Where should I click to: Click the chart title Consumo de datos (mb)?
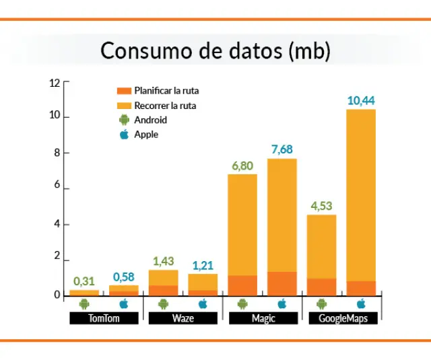click(x=215, y=51)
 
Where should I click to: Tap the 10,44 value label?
click(x=361, y=101)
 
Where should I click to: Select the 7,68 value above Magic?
click(x=282, y=149)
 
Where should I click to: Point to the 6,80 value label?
click(x=242, y=166)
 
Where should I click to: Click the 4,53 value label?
click(x=321, y=206)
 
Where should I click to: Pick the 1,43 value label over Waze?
click(x=164, y=261)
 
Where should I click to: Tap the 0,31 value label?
click(x=84, y=281)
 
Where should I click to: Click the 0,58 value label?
click(x=123, y=277)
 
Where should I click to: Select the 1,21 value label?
click(x=203, y=265)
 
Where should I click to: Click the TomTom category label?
click(x=104, y=318)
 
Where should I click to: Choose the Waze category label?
click(x=183, y=318)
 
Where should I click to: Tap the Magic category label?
click(x=262, y=318)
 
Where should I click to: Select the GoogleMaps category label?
click(x=341, y=318)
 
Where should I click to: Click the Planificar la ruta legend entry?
click(x=166, y=91)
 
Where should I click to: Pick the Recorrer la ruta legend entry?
click(x=164, y=106)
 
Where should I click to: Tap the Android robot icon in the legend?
click(x=124, y=120)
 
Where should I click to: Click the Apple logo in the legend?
click(x=124, y=135)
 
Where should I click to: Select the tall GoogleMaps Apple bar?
click(x=361, y=202)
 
